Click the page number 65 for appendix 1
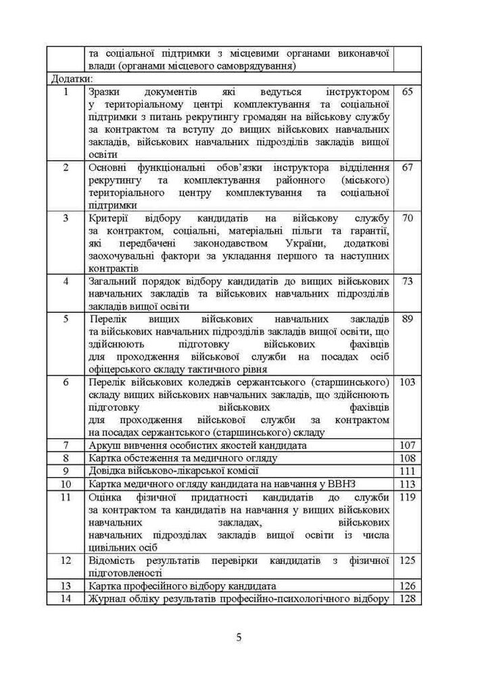click(x=407, y=91)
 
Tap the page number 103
click(x=407, y=382)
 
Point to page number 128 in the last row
click(x=407, y=598)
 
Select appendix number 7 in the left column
click(x=66, y=445)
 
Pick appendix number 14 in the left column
click(x=66, y=598)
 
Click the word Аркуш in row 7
click(x=104, y=445)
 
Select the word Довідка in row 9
click(x=108, y=471)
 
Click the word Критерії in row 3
click(x=110, y=218)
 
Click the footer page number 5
click(x=239, y=636)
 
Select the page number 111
click(x=407, y=471)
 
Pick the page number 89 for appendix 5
click(x=407, y=318)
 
